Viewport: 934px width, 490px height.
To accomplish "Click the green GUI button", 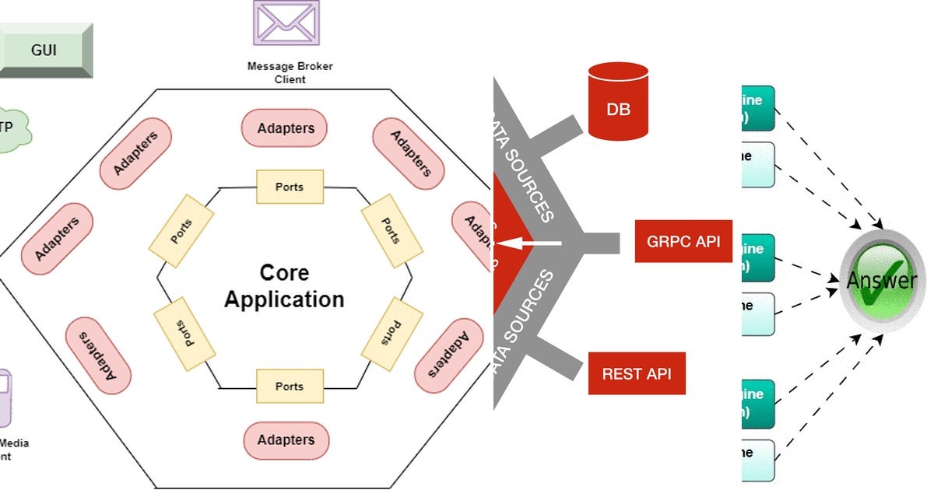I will point(44,51).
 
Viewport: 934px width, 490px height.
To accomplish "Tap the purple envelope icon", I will point(285,23).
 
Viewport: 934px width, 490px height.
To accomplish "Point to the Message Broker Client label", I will point(290,72).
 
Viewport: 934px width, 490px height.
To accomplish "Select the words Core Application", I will point(284,286).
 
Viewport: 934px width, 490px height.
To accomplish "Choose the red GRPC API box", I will point(683,241).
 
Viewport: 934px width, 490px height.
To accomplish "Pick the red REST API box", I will point(637,373).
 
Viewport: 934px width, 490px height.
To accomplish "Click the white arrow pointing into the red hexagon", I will point(528,243).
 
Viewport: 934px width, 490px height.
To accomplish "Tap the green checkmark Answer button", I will point(881,279).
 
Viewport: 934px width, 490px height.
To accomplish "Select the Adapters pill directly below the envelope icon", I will point(285,128).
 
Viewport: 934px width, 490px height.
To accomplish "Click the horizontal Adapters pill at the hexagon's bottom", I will point(286,440).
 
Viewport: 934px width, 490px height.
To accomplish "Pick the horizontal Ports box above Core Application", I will point(289,187).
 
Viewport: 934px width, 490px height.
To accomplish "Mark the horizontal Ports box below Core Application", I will point(289,387).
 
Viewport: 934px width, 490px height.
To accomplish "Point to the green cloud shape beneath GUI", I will point(12,129).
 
